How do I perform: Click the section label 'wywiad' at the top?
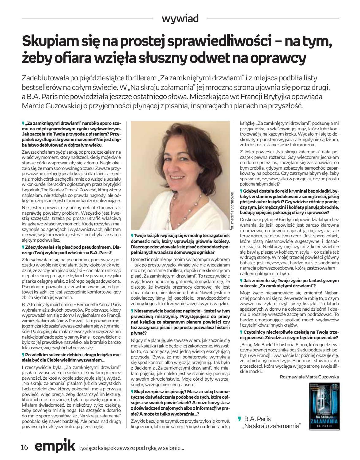coord(180,19)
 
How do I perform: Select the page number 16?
coord(25,447)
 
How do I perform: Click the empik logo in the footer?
coord(55,446)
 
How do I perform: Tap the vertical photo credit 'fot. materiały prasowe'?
coord(232,211)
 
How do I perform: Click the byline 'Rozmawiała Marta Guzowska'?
coord(309,377)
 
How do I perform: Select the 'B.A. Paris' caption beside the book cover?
coord(257,419)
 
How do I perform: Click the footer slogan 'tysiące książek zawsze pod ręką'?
coord(131,448)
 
